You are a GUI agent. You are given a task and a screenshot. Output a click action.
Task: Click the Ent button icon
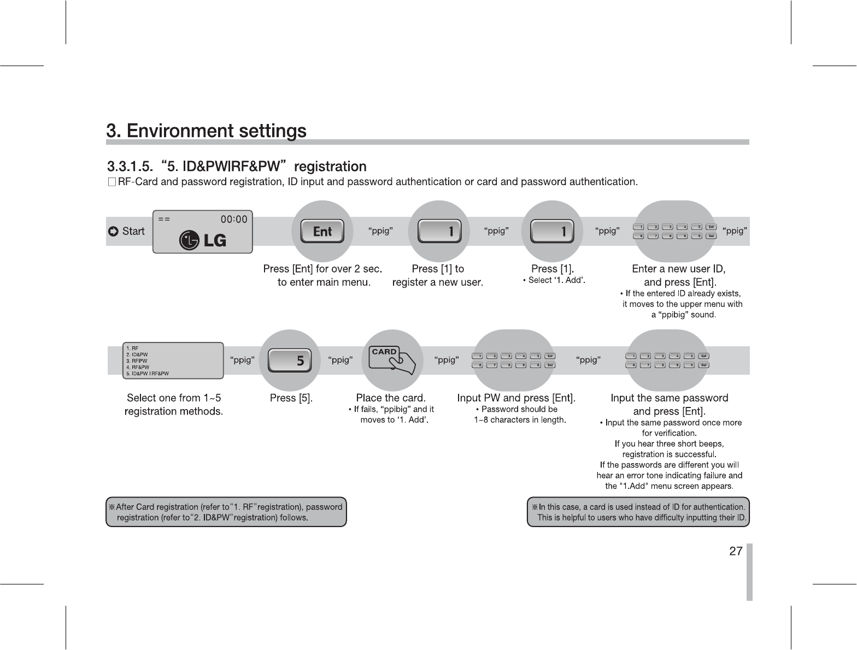click(x=322, y=232)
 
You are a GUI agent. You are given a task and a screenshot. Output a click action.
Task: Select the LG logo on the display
click(x=203, y=240)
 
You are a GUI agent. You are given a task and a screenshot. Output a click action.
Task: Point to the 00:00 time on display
click(x=233, y=220)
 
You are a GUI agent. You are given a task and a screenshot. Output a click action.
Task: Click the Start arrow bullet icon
click(x=113, y=232)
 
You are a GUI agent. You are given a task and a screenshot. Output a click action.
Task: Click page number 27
click(x=736, y=551)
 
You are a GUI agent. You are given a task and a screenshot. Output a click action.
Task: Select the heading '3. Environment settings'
click(x=206, y=131)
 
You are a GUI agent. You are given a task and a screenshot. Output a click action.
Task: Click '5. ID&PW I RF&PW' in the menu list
click(x=147, y=374)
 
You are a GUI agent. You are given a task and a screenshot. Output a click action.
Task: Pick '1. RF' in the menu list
click(x=132, y=348)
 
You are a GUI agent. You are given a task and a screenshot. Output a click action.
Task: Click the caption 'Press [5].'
click(x=291, y=398)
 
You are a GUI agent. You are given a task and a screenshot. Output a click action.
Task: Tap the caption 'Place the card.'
click(x=391, y=398)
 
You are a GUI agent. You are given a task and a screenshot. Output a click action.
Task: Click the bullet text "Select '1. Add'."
click(x=554, y=281)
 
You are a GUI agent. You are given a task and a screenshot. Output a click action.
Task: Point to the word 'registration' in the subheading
click(x=330, y=166)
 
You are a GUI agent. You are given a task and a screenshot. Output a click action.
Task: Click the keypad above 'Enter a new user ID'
click(x=674, y=232)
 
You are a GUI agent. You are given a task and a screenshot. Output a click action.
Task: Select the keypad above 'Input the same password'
click(x=667, y=361)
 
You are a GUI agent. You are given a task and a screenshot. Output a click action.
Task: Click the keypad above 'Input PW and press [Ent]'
click(x=514, y=361)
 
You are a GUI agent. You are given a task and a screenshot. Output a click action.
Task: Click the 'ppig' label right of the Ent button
click(x=380, y=231)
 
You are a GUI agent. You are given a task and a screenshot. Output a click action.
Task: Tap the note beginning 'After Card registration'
click(x=226, y=512)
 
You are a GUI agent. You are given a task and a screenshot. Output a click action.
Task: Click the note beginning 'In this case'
click(x=638, y=512)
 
